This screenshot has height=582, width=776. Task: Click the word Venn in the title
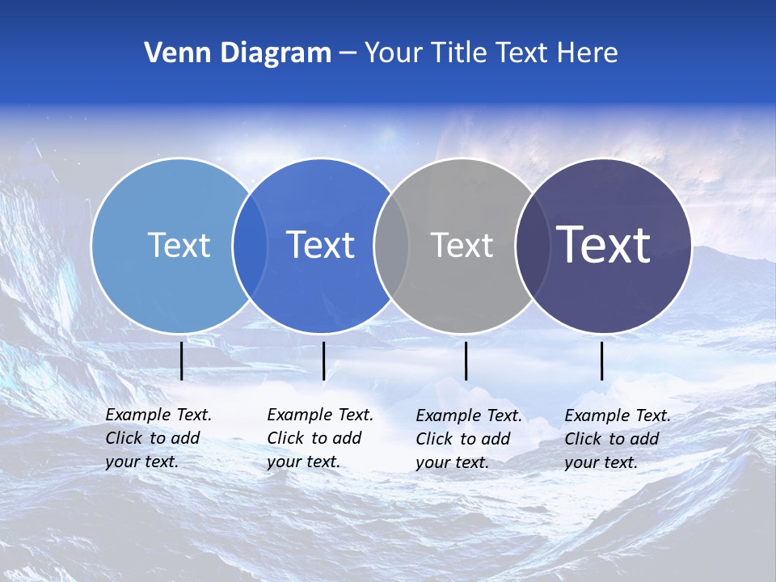(172, 53)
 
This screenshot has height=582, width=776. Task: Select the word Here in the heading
(588, 53)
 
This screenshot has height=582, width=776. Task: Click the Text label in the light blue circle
(179, 245)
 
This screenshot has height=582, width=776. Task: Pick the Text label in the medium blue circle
(320, 245)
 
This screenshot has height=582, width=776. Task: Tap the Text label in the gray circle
(462, 245)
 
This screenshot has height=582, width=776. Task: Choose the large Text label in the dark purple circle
(603, 245)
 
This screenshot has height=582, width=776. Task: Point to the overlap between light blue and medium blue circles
(250, 246)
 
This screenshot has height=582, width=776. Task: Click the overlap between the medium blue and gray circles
(391, 246)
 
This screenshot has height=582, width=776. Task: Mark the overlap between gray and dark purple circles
(533, 246)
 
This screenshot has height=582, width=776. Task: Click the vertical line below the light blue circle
(182, 361)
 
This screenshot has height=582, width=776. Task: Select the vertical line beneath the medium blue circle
(323, 361)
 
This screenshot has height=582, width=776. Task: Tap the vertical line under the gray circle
(466, 361)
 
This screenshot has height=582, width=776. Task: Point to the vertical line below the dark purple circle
(602, 361)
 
